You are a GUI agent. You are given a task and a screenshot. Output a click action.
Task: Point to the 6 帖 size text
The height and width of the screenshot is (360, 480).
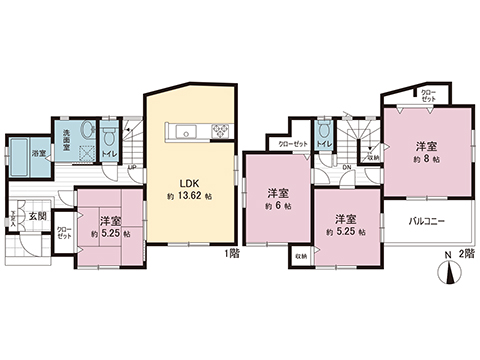[x=279, y=206]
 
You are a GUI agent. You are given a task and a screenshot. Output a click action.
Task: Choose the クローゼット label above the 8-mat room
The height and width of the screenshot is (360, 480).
[x=427, y=97]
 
